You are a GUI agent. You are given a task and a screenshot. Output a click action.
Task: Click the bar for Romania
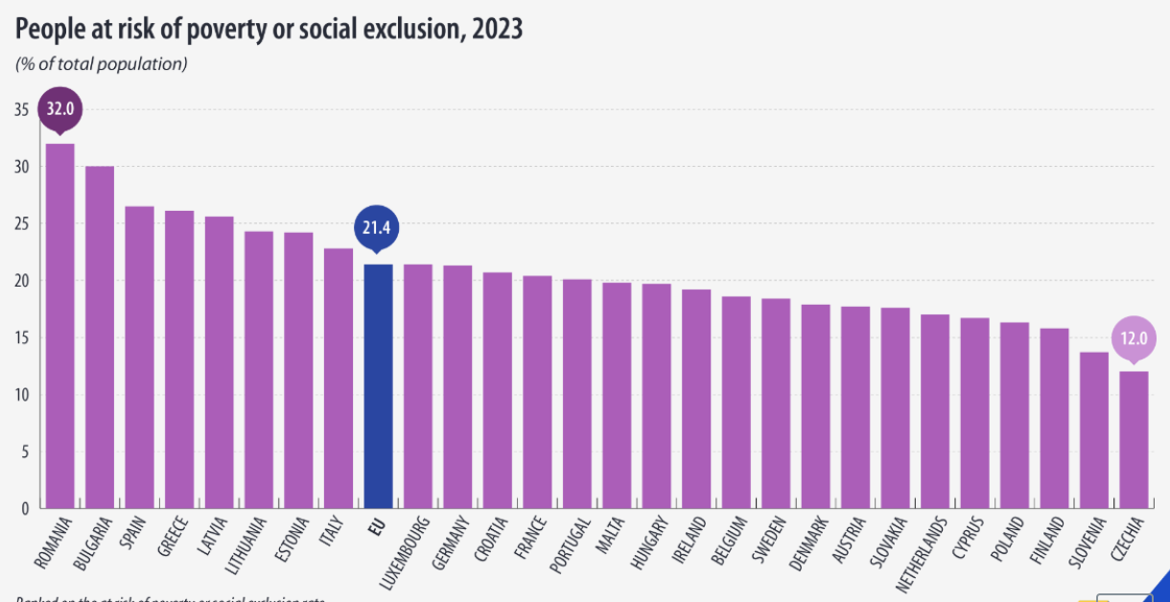tap(59, 326)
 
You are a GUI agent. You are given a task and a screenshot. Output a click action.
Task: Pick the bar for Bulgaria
tap(100, 336)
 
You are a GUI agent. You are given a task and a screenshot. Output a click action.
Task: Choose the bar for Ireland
tap(696, 398)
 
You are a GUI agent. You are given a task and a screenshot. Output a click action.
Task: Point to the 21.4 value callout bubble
tap(378, 227)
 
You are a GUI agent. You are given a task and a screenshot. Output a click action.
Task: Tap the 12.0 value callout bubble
tap(1134, 338)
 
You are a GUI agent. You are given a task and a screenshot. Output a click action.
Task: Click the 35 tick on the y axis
tap(21, 109)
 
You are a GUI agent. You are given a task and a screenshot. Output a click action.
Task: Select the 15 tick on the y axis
tap(21, 337)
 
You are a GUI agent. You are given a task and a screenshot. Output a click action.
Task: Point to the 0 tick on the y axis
tap(25, 508)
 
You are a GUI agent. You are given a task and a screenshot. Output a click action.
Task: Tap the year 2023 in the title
tap(496, 30)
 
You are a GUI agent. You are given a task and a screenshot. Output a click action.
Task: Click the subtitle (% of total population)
tap(101, 64)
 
